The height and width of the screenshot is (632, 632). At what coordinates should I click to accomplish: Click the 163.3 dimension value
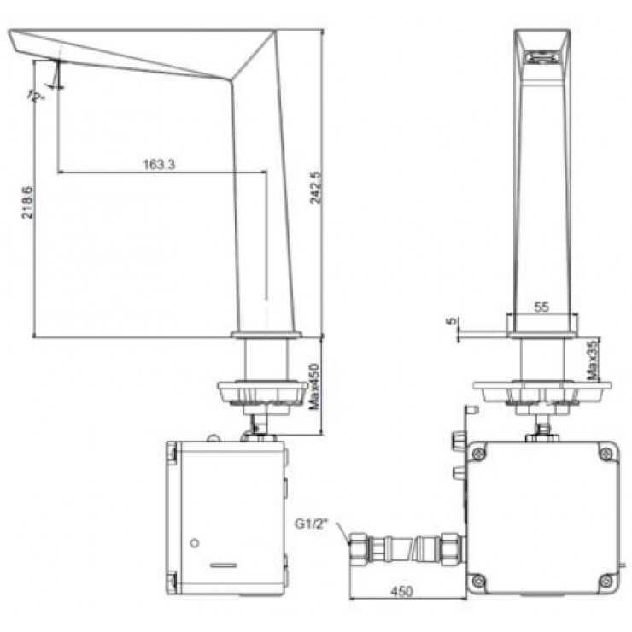[x=159, y=164]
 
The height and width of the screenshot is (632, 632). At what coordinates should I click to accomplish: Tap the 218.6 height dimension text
[x=27, y=202]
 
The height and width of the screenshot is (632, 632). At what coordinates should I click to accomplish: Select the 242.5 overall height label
[x=316, y=187]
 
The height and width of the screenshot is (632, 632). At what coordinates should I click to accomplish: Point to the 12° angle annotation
[x=36, y=97]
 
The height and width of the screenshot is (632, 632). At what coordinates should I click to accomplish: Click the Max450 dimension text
[x=314, y=387]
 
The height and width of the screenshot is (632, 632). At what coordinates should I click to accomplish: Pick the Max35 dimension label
[x=593, y=360]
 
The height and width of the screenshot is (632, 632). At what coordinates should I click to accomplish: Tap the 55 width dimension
[x=541, y=307]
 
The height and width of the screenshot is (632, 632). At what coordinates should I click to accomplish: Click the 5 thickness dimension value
[x=453, y=321]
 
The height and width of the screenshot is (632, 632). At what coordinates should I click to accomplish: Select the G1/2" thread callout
[x=312, y=524]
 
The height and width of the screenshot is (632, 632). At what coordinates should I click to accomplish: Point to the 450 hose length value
[x=402, y=591]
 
